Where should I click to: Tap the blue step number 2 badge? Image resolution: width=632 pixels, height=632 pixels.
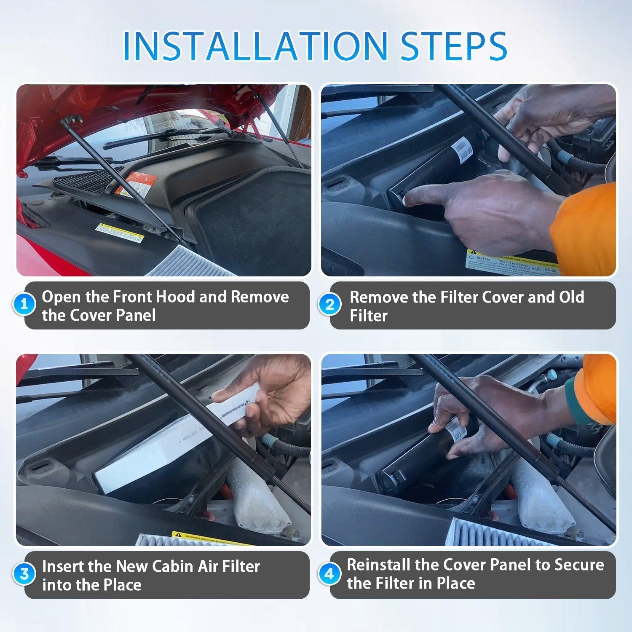(330, 304)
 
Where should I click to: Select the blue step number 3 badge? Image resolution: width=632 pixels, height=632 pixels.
(24, 574)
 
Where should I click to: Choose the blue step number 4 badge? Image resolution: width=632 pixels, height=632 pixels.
(329, 574)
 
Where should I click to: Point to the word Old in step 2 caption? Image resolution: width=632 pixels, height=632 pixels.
(571, 297)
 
